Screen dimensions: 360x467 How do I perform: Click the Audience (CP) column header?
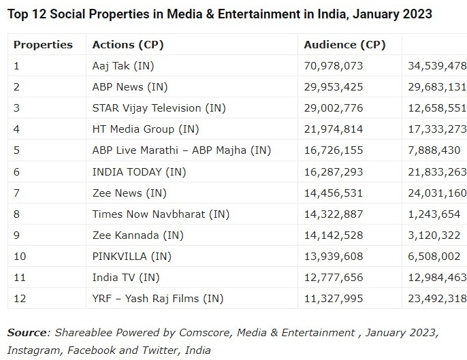point(344,45)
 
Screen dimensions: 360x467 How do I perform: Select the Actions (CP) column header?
point(128,45)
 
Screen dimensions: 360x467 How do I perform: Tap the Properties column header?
point(43,45)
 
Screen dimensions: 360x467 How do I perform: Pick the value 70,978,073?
point(334,66)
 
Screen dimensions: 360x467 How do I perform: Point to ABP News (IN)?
point(129,87)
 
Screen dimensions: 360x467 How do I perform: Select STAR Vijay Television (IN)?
point(159,108)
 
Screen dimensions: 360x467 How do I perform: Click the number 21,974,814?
point(334,129)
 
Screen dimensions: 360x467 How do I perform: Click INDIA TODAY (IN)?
point(138,171)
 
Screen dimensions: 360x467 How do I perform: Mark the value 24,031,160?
point(436,193)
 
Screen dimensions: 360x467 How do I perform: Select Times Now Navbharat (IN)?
point(161,214)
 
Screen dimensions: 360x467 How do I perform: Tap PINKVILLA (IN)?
point(132,256)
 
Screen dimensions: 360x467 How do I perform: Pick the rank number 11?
point(19,277)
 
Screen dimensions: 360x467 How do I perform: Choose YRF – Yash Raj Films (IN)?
point(158,298)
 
